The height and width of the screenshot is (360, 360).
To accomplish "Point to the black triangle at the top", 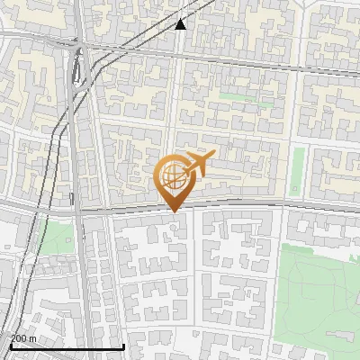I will click(x=181, y=24).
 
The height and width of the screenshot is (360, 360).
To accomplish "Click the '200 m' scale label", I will click(x=23, y=338).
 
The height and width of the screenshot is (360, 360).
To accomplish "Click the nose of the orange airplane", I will click(x=214, y=157).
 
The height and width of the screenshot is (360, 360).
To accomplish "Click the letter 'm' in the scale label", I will click(x=33, y=338).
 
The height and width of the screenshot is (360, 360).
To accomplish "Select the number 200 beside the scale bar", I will click(x=19, y=338).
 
